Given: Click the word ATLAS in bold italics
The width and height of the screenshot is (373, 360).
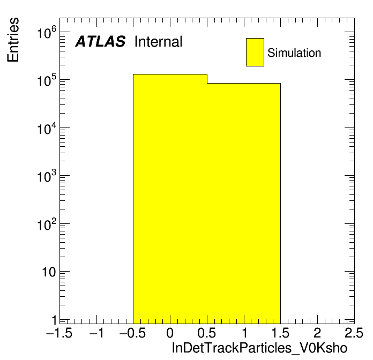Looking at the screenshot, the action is pyautogui.click(x=100, y=41).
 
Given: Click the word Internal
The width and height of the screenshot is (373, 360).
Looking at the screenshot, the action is pyautogui.click(x=159, y=42).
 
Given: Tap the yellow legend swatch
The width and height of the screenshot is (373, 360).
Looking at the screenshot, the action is pyautogui.click(x=255, y=52).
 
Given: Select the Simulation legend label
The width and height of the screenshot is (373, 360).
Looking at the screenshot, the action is pyautogui.click(x=294, y=53).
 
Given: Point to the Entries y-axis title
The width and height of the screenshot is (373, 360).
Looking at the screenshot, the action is pyautogui.click(x=13, y=40).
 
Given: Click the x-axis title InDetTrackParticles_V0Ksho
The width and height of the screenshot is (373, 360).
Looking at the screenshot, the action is pyautogui.click(x=259, y=348).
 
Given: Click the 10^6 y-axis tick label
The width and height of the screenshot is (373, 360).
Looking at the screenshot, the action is pyautogui.click(x=47, y=32).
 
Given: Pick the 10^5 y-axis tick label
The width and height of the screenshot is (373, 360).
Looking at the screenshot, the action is pyautogui.click(x=47, y=80).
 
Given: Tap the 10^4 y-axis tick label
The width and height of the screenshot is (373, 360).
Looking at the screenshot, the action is pyautogui.click(x=47, y=129).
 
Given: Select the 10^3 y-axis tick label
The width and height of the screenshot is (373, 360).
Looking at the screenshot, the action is pyautogui.click(x=47, y=176).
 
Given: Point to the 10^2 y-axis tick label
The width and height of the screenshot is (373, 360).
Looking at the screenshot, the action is pyautogui.click(x=47, y=224).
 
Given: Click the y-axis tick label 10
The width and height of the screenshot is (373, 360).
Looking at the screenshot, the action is pyautogui.click(x=49, y=272).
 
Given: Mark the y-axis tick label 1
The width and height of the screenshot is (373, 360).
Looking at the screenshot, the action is pyautogui.click(x=55, y=320).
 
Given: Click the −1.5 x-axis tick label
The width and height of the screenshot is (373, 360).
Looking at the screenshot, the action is pyautogui.click(x=59, y=333).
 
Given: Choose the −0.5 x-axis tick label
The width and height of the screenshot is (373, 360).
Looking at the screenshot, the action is pyautogui.click(x=132, y=333).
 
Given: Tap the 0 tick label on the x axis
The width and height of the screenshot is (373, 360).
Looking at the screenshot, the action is pyautogui.click(x=170, y=333).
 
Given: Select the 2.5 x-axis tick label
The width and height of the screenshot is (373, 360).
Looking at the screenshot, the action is pyautogui.click(x=354, y=333).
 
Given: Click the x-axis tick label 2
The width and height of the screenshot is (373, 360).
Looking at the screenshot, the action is pyautogui.click(x=317, y=333).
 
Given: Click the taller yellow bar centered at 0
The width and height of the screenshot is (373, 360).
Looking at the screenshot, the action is pyautogui.click(x=170, y=199).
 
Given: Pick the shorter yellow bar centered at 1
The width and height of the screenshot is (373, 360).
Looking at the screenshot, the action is pyautogui.click(x=244, y=203).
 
